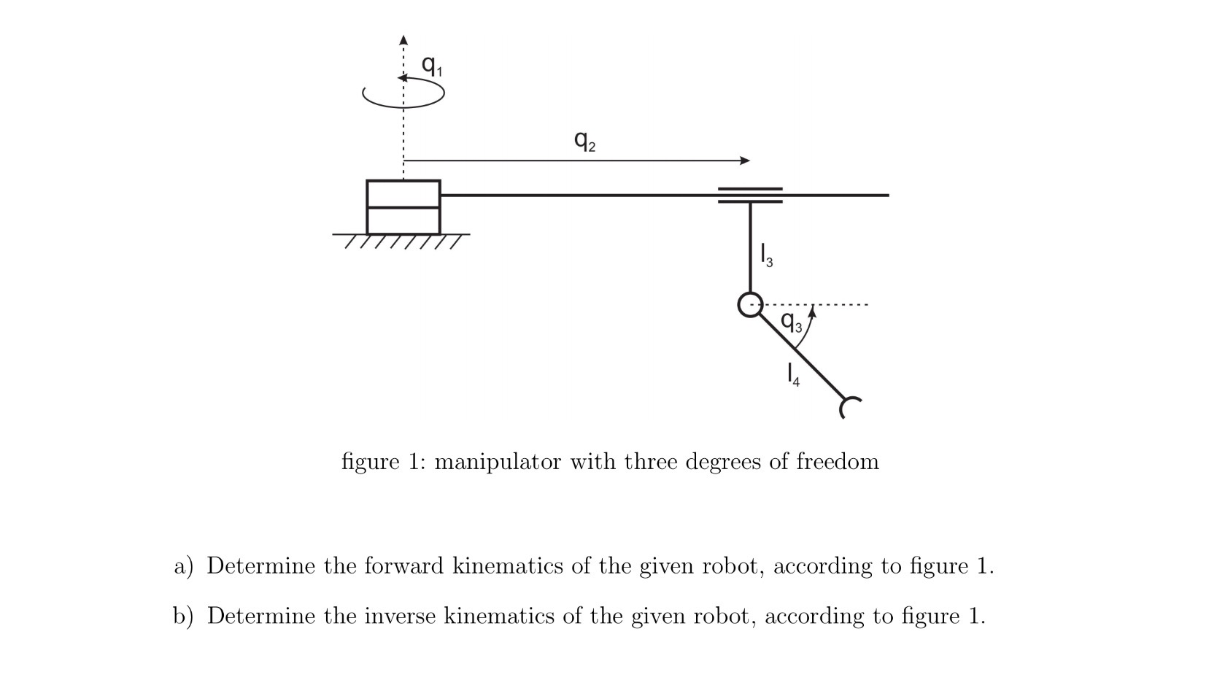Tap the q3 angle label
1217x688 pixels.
click(x=792, y=321)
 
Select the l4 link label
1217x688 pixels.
click(x=792, y=375)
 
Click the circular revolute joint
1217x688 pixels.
click(x=750, y=304)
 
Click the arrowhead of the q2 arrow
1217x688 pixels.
click(x=744, y=161)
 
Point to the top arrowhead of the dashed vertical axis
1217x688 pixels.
click(x=403, y=38)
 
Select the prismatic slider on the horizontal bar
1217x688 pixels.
click(x=750, y=195)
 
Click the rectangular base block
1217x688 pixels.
click(x=403, y=207)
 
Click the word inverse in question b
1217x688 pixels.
click(x=400, y=617)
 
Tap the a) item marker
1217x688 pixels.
click(x=183, y=566)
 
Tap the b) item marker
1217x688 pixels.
click(x=183, y=617)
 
